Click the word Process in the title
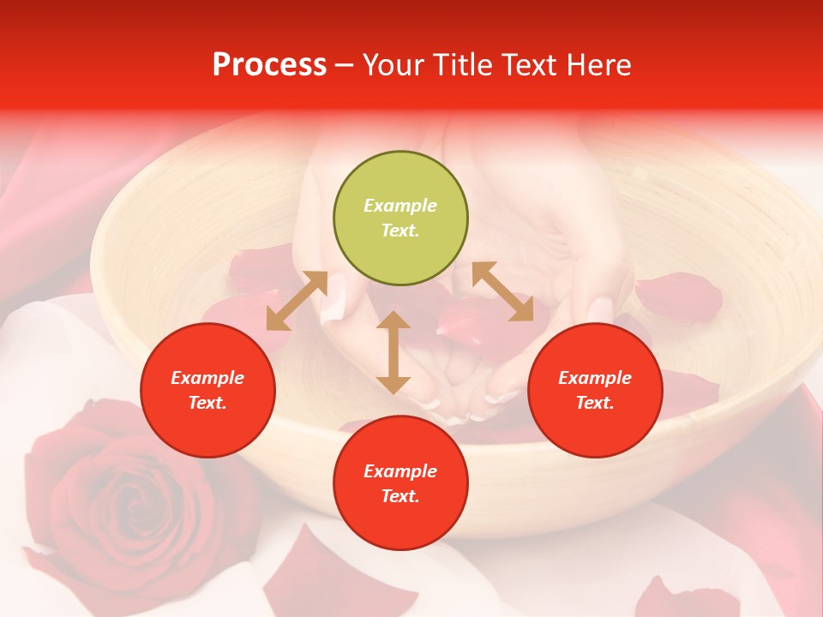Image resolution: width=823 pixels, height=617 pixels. (x=269, y=65)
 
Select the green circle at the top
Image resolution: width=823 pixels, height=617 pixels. (x=400, y=219)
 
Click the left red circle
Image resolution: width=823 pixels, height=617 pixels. (x=207, y=391)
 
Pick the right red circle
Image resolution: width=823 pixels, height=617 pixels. (x=595, y=391)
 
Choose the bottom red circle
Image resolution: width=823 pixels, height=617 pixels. (x=400, y=483)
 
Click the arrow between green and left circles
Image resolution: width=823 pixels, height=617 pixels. (x=297, y=301)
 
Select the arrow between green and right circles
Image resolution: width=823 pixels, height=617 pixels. (x=503, y=291)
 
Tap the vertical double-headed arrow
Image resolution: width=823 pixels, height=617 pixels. (x=393, y=352)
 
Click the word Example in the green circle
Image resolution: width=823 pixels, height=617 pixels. (x=400, y=206)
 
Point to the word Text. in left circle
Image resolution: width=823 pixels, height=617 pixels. (x=207, y=403)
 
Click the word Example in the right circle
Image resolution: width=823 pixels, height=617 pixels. (x=595, y=378)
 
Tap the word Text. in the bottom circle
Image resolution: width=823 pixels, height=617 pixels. (x=400, y=496)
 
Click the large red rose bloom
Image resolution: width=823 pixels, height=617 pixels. (x=120, y=488)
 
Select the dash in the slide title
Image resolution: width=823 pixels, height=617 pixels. (x=345, y=65)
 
